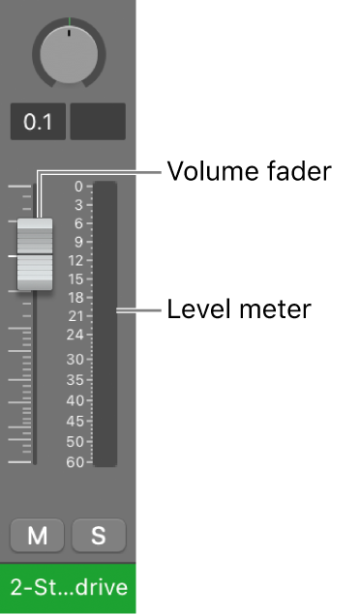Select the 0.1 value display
[x=39, y=122]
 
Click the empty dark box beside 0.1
[x=98, y=122]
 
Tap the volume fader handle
[x=35, y=253]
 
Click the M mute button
[x=37, y=536]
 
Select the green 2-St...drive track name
[x=68, y=587]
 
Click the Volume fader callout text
[x=249, y=172]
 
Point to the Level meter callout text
[x=238, y=310]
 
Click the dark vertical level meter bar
[x=105, y=324]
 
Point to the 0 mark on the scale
[x=77, y=187]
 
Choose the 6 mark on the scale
[x=77, y=223]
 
